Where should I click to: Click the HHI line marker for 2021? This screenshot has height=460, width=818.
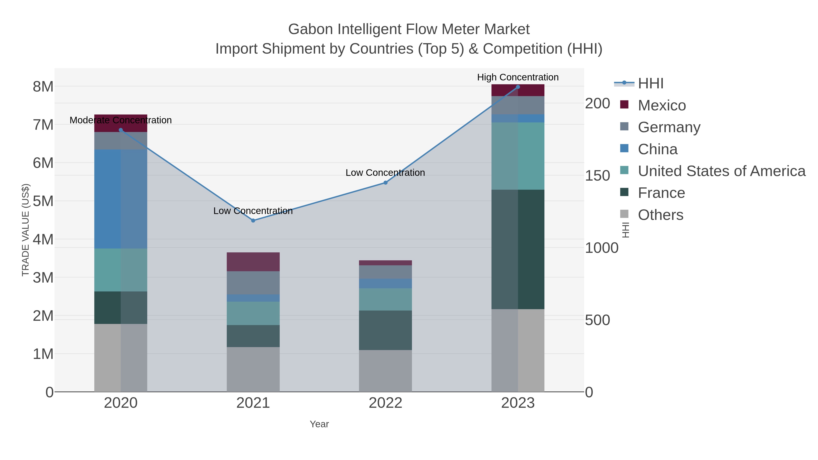(x=253, y=221)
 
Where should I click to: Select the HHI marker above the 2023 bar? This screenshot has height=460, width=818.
(x=518, y=87)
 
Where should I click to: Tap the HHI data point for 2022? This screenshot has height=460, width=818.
(x=386, y=183)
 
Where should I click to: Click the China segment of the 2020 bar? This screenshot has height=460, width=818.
(x=121, y=199)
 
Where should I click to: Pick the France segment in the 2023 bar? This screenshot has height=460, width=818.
(x=518, y=249)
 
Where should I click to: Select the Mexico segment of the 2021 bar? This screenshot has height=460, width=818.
(x=253, y=262)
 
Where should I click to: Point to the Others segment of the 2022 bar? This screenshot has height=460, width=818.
(x=386, y=371)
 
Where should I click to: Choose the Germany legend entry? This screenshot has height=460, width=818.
(x=669, y=127)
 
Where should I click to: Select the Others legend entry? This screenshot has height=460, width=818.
(x=661, y=215)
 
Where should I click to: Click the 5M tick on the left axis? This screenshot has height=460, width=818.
(x=43, y=201)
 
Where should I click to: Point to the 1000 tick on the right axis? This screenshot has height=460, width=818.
(x=601, y=248)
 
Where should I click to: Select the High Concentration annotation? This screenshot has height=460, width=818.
(x=518, y=77)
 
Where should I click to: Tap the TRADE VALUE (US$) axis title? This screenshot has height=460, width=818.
(x=25, y=230)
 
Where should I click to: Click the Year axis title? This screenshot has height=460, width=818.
(x=319, y=424)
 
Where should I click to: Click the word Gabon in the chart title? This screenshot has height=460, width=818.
(x=311, y=29)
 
